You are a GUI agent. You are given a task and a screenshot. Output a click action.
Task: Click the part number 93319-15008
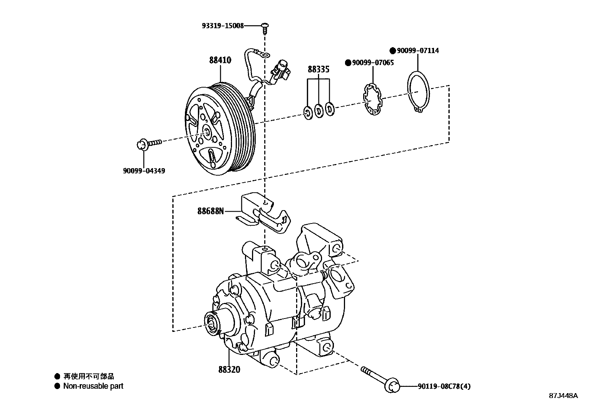(x=223, y=26)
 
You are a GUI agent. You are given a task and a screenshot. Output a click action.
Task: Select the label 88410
(x=220, y=60)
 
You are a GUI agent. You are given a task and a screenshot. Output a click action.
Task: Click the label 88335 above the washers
(x=318, y=69)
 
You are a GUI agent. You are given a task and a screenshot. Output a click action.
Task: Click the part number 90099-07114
(x=418, y=50)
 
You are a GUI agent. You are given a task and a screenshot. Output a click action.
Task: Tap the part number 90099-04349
(x=144, y=171)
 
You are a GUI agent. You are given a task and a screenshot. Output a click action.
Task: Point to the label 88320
(x=229, y=369)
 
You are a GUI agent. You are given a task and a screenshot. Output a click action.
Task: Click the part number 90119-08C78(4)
(x=444, y=386)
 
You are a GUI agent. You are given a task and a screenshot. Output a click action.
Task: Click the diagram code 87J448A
(x=563, y=395)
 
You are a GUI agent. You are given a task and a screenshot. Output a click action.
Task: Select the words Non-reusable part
(x=93, y=386)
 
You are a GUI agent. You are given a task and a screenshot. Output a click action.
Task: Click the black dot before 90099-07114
(x=392, y=50)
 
